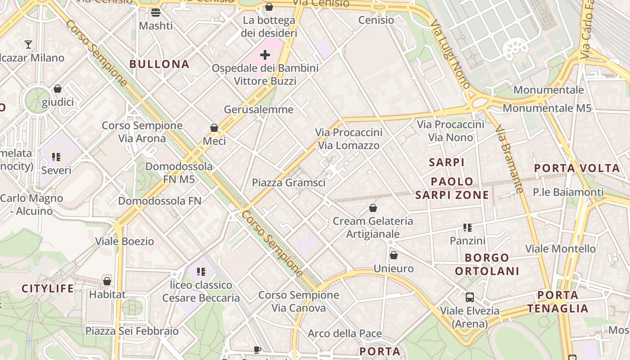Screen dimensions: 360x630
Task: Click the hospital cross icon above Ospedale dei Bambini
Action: point(265,55)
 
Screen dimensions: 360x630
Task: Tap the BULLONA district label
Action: point(159,64)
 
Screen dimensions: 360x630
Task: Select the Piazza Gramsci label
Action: point(288,182)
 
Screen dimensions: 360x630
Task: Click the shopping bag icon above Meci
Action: point(214,128)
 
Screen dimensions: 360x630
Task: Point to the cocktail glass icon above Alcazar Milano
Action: point(28,44)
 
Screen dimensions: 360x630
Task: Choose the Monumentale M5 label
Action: point(547,108)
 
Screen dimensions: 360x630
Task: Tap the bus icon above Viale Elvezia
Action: point(470,297)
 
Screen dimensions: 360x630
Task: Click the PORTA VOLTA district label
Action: point(577,168)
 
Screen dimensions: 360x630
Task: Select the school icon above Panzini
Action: point(468,228)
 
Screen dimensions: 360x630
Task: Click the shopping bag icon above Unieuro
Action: point(394,255)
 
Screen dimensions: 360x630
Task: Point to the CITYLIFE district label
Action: point(48,288)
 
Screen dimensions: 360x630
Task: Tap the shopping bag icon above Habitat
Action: point(107,281)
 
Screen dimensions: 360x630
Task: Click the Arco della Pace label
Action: point(345,333)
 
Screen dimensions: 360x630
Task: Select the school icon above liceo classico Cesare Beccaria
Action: point(201,271)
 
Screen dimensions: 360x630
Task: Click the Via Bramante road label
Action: point(510,160)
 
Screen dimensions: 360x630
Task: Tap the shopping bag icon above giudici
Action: point(58,89)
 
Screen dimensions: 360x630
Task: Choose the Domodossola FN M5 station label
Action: point(179,173)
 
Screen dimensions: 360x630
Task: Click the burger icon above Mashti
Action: point(156,12)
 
